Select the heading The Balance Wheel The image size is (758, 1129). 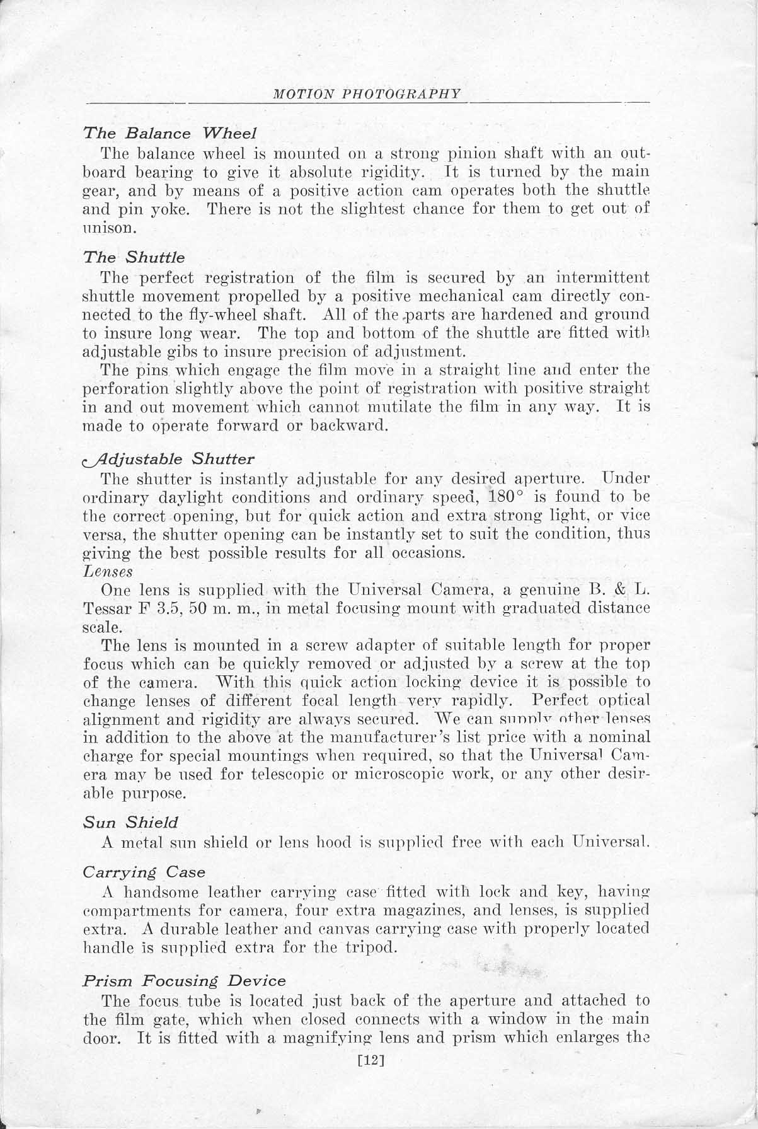click(169, 133)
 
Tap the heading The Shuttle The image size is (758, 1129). click(134, 257)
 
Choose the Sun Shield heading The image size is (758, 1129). click(130, 822)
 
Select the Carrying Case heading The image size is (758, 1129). click(144, 872)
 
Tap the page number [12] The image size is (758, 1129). click(370, 1060)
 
